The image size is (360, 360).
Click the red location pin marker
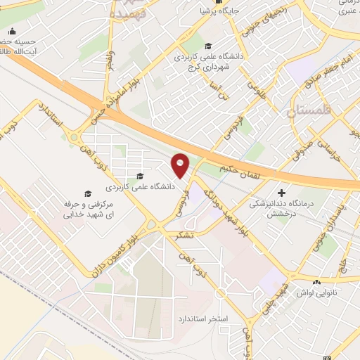pyautogui.click(x=181, y=166)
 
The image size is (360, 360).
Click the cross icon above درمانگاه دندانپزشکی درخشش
pyautogui.click(x=282, y=192)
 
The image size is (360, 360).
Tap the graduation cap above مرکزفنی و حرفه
pyautogui.click(x=88, y=193)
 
